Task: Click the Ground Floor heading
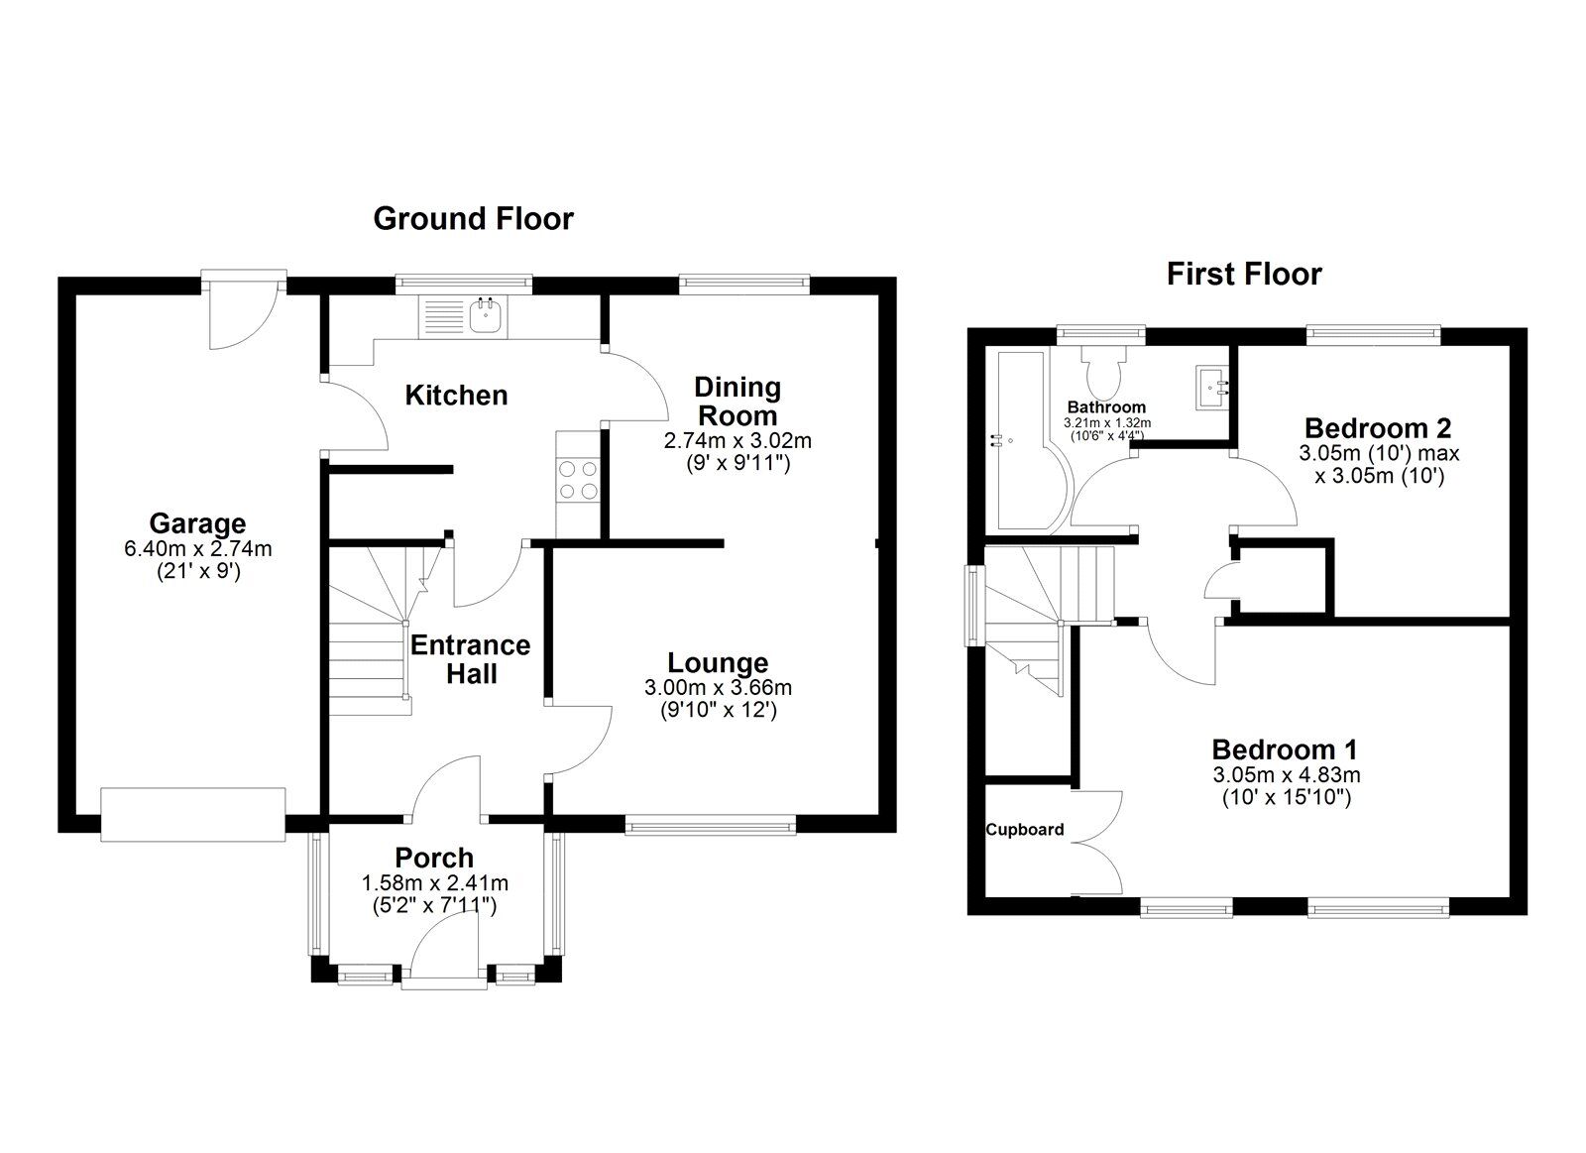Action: pos(473,218)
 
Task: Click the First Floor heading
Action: pos(1244,274)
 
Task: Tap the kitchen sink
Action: pos(487,315)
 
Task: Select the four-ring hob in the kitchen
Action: pos(578,479)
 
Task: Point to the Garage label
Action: pos(197,523)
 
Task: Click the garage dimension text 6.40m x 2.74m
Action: pos(197,548)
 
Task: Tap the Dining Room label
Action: pos(737,401)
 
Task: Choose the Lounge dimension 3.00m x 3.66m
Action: pos(718,687)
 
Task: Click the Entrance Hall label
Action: pos(470,659)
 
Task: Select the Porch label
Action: pos(434,858)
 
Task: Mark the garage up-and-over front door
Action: pos(193,814)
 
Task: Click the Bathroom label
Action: pos(1106,406)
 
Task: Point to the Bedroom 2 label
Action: pos(1378,428)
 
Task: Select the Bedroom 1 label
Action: pos(1285,749)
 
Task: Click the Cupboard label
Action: pos(1025,830)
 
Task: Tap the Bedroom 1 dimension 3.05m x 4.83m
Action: pos(1285,774)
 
